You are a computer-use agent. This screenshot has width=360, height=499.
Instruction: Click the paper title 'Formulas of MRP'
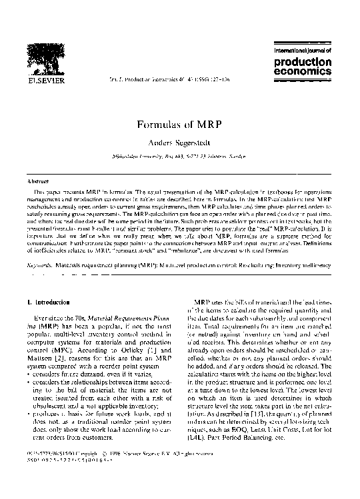[179, 125]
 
